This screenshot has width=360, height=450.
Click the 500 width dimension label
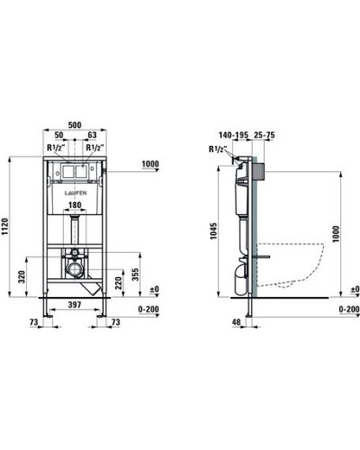[75, 125]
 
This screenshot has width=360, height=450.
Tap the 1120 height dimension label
[5, 227]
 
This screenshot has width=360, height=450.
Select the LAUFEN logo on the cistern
[76, 193]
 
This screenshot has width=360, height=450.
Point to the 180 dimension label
[75, 205]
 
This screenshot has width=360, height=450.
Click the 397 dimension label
[75, 305]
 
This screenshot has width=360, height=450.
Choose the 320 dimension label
[22, 276]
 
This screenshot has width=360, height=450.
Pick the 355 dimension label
[136, 274]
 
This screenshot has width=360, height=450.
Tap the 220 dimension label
[119, 283]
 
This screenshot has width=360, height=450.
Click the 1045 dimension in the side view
[213, 230]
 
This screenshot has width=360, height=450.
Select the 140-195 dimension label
[233, 135]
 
